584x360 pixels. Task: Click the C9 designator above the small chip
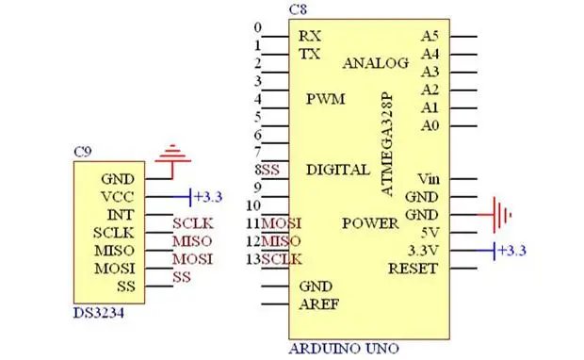pos(82,152)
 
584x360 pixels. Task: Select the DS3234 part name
pos(99,314)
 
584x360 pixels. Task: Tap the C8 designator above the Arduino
pos(298,9)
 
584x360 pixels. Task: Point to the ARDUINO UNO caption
pos(344,349)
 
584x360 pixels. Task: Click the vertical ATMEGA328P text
pos(387,144)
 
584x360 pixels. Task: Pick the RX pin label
pos(310,36)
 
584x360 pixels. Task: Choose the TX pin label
pos(310,55)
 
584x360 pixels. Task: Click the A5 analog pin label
pos(430,36)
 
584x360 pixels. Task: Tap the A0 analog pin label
pos(430,126)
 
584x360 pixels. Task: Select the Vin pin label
pos(429,179)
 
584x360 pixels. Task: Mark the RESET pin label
pos(413,269)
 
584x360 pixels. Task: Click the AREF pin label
pos(319,304)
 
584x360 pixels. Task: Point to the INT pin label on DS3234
pos(121,215)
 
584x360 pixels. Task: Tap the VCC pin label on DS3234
pos(118,197)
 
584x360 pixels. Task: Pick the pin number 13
pos(253,259)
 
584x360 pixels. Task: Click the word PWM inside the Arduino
pos(326,99)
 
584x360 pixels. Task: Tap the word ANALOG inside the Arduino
pos(376,63)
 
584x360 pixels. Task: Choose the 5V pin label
pos(430,234)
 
